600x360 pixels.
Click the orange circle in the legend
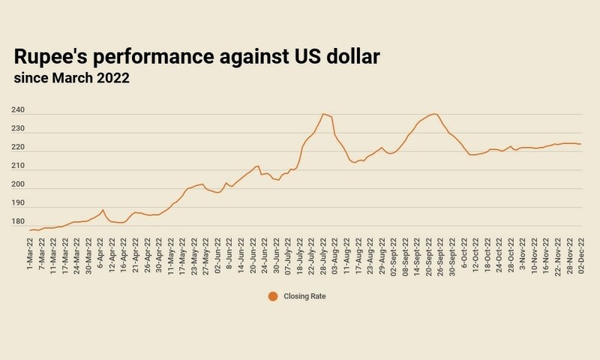click(273, 295)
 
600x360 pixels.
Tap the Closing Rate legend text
click(304, 296)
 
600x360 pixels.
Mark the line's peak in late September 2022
click(435, 114)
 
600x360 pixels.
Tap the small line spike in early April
click(103, 210)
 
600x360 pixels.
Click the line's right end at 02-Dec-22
click(581, 144)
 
